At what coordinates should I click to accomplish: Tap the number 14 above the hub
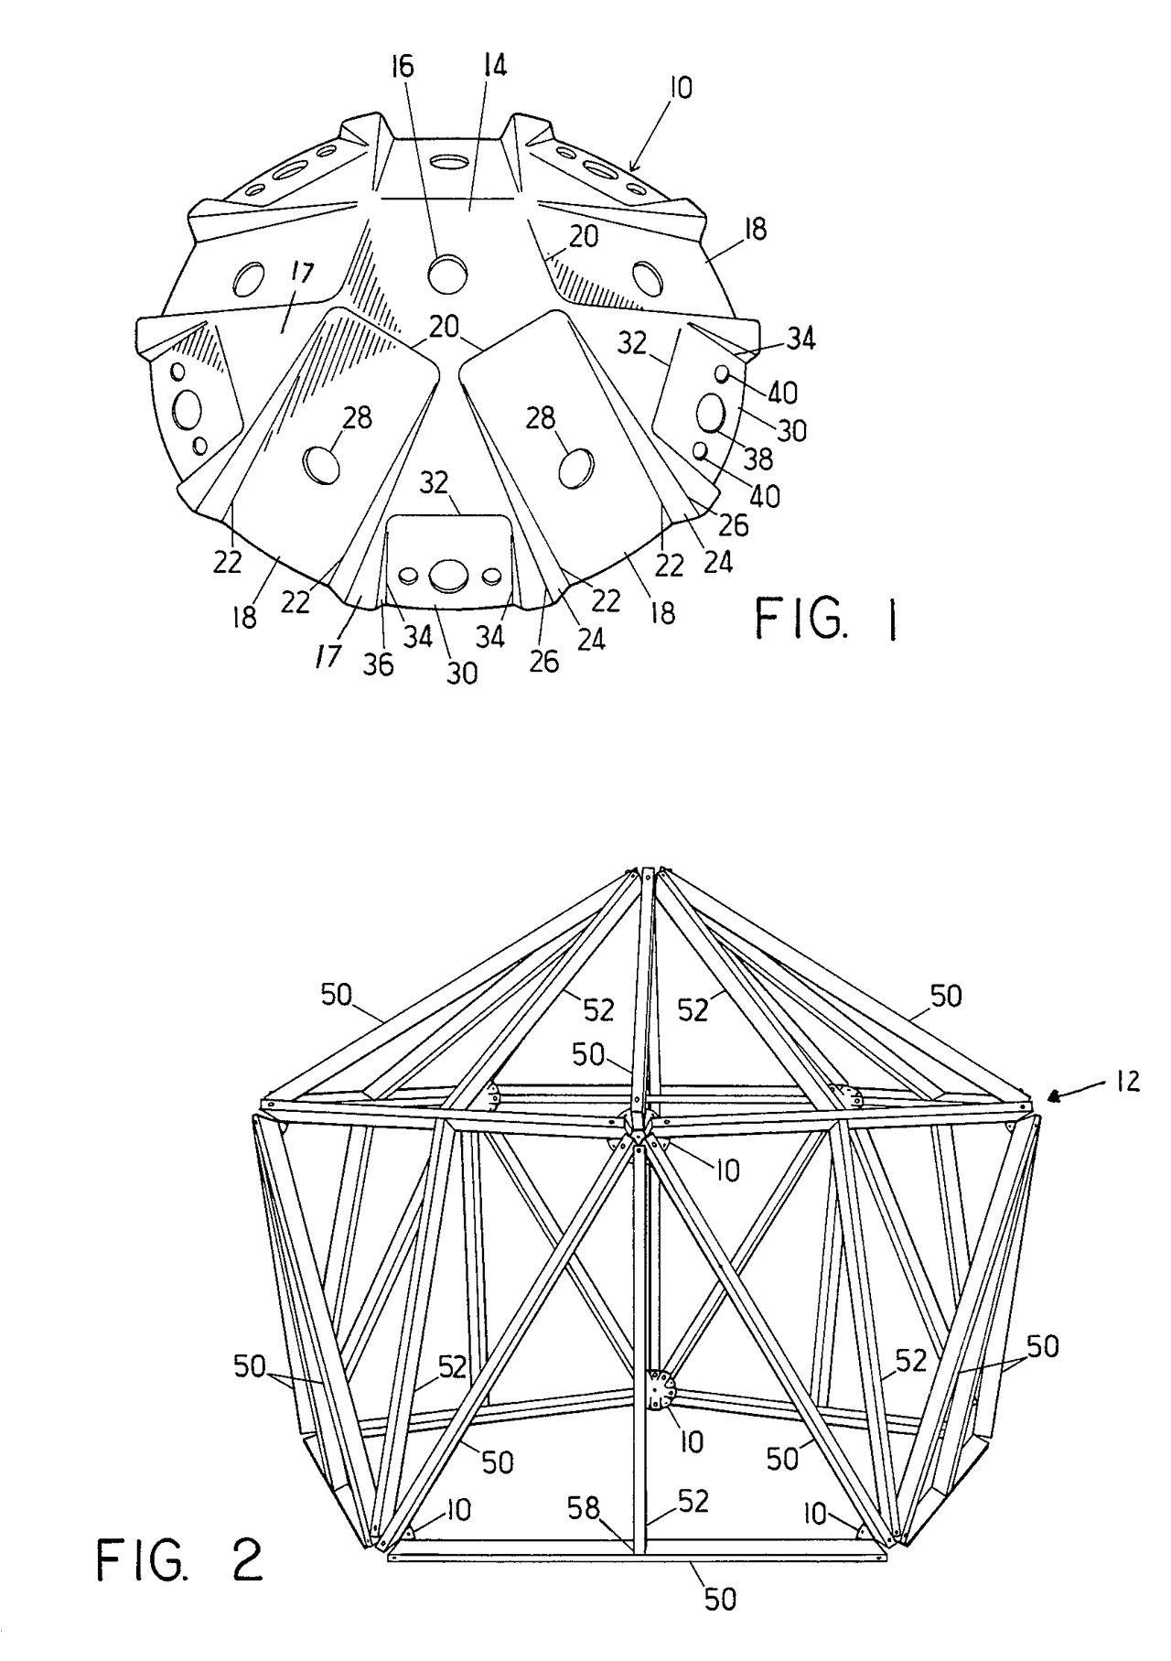click(494, 65)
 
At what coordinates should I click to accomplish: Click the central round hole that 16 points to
click(448, 274)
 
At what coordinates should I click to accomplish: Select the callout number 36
click(378, 663)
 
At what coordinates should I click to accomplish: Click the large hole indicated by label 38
click(711, 413)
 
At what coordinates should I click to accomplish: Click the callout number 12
click(1128, 1081)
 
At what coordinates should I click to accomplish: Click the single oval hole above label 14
click(449, 162)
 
